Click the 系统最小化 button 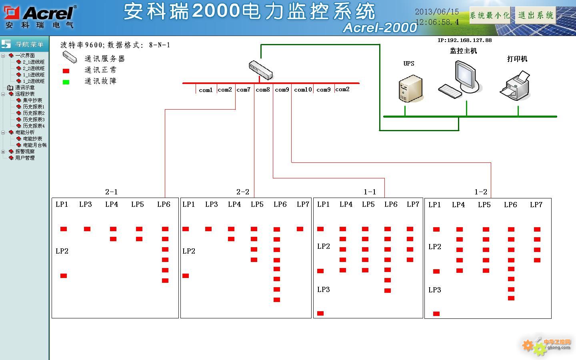point(490,16)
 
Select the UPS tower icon point(410,88)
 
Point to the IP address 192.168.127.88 point(464,40)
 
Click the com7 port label point(243,90)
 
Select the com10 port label point(303,90)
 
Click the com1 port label point(206,90)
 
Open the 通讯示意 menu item point(25,88)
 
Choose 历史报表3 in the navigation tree point(34,120)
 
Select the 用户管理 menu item point(25,158)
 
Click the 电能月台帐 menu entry point(35,145)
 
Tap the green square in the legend point(66,82)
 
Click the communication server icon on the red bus point(261,70)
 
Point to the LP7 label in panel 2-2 point(303,204)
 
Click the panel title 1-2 point(481,192)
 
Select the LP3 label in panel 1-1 point(324,289)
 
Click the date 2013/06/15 point(437,12)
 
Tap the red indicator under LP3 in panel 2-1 point(87,229)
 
